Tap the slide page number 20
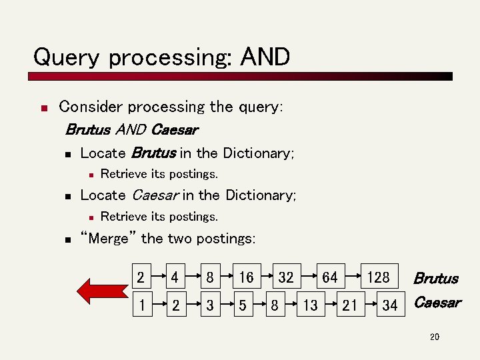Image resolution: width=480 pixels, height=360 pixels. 435,337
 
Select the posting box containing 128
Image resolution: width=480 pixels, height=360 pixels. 378,277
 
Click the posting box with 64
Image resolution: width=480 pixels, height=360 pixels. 329,277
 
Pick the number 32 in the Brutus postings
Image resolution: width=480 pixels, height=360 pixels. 285,277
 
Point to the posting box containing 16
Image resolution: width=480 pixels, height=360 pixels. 246,277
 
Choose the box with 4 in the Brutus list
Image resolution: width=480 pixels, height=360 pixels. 175,277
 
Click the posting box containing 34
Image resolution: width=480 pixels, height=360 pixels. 390,305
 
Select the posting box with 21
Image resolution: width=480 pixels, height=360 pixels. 349,305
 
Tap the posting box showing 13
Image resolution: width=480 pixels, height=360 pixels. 310,305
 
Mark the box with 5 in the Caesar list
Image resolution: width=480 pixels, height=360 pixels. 243,305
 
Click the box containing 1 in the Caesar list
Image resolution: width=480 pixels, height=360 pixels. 141,305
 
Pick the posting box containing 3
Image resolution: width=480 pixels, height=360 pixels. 210,305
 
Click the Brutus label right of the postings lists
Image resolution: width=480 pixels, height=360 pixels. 436,278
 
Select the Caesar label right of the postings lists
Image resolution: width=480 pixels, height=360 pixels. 437,303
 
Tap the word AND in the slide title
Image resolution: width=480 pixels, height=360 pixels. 265,57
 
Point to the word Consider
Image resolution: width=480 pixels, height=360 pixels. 91,107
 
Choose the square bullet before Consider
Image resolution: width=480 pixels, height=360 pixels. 42,108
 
